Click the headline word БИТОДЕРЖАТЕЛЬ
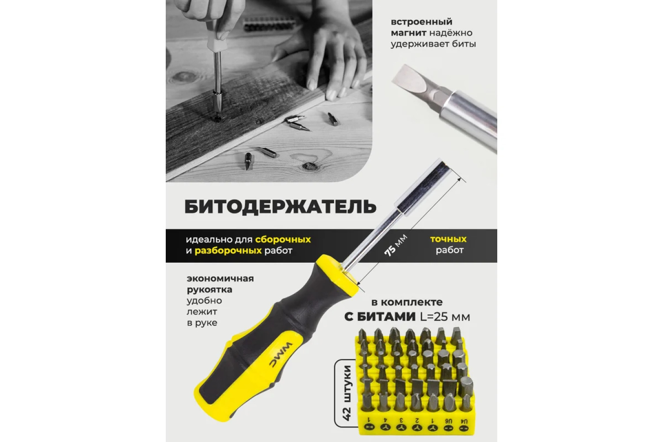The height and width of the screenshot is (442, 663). pos(280,207)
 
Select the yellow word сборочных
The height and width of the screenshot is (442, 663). pos(283,239)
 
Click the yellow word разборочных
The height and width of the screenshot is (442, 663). pos(228,251)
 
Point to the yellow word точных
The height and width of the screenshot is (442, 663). pos(448,239)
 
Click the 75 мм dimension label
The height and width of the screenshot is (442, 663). pos(396,245)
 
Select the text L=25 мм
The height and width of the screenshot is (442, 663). pos(445,317)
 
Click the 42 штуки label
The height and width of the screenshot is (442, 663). pos(348,392)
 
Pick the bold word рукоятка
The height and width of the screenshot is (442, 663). pos(209,289)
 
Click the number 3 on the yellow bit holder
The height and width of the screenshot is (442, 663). pos(401,420)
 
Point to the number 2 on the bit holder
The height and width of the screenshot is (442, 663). pos(417,420)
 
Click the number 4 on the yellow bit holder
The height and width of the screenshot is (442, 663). pos(385,420)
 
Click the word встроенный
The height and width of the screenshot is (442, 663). pos(422,22)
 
